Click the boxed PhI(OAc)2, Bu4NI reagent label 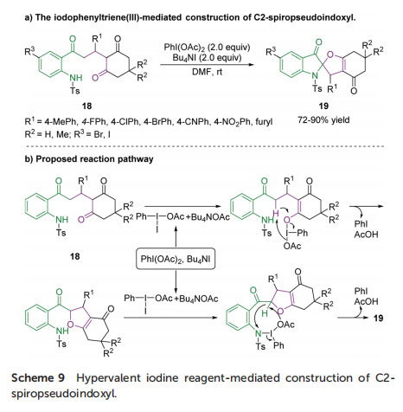point(176,259)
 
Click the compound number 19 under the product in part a point(323,106)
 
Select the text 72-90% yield point(323,119)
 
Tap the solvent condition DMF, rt point(207,72)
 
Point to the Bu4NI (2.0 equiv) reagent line point(207,58)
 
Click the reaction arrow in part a point(207,65)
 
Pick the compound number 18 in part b point(75,256)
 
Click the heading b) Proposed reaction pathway point(89,159)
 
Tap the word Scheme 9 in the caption point(38,378)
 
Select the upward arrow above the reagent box point(176,236)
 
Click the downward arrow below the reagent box point(176,281)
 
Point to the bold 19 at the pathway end point(378,319)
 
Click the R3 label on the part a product point(271,52)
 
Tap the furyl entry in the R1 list point(264,122)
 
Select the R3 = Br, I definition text point(93,134)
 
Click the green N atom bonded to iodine point(259,333)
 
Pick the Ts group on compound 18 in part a point(74,91)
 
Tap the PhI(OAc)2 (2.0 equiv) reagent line point(207,47)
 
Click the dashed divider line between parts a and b point(205,146)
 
